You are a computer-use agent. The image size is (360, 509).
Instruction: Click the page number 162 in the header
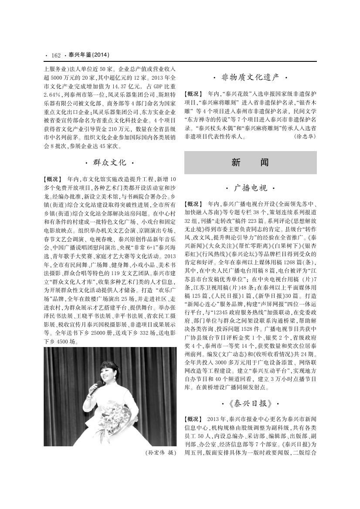pos(55,55)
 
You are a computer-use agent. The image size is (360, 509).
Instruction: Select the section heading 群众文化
pos(110,163)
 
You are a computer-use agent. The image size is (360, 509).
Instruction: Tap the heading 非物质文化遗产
pos(250,78)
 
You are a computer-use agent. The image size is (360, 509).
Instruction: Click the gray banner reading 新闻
pos(250,162)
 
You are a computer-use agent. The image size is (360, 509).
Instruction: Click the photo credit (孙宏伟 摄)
pos(160,453)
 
